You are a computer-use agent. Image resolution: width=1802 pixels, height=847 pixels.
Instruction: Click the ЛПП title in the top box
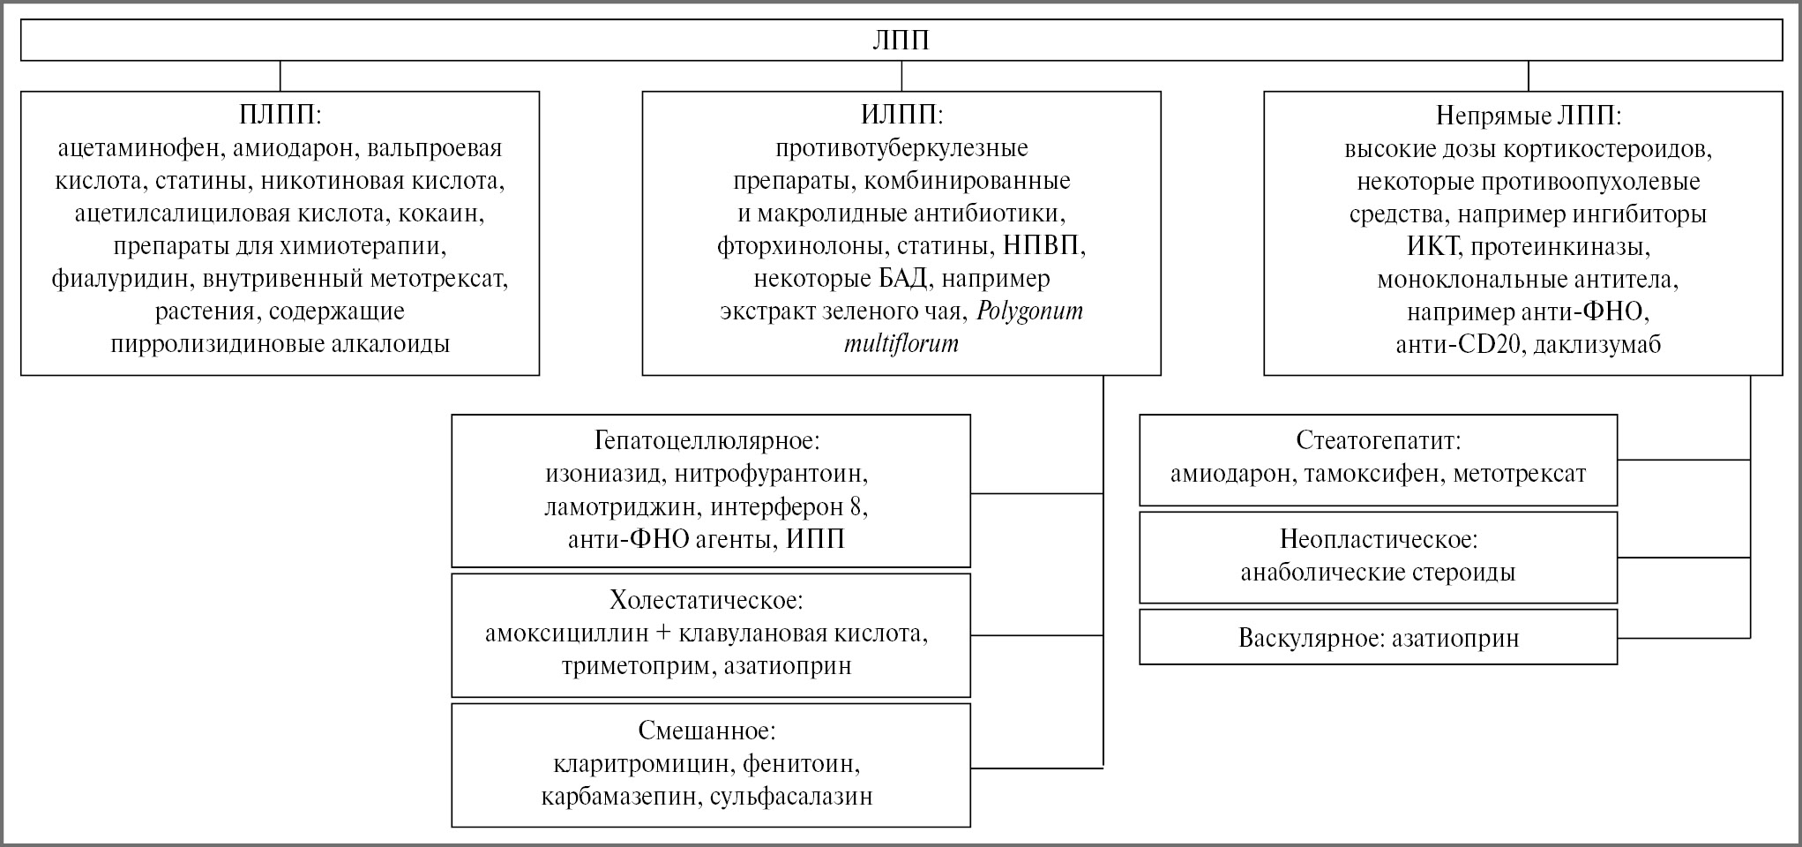(901, 41)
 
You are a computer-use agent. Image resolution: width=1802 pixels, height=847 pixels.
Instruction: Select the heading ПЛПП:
(280, 116)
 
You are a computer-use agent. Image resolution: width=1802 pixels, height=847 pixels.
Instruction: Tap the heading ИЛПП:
(901, 116)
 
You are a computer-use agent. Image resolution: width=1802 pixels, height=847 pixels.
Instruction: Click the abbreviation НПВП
(1043, 246)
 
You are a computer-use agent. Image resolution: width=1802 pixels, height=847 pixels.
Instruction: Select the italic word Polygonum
(1029, 311)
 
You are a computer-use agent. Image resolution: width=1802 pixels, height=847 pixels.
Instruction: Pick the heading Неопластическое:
(1378, 539)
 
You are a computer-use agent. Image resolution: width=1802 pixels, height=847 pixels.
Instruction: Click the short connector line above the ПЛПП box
(280, 76)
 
